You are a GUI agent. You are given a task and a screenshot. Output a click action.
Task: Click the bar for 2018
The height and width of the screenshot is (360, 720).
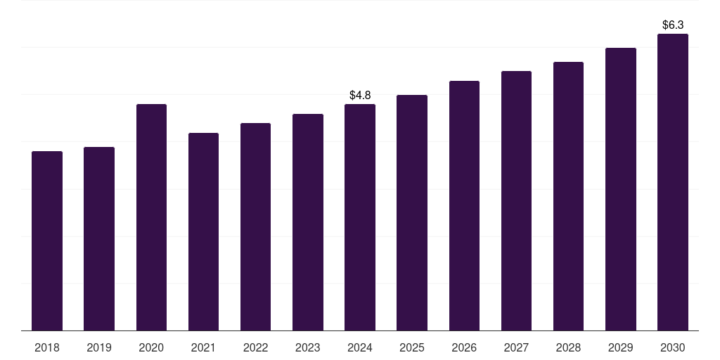[x=47, y=240]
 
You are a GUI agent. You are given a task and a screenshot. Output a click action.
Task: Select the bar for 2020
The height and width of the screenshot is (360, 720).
[x=151, y=217]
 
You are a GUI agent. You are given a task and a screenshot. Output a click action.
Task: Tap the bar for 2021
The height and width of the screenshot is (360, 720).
[x=203, y=231]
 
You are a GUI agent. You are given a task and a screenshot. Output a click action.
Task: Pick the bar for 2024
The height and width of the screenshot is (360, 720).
[x=360, y=217]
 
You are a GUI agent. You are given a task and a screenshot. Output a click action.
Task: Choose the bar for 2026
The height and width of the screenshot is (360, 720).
[x=464, y=205]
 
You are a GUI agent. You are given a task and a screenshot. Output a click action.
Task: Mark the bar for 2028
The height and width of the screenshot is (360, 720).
[x=568, y=196]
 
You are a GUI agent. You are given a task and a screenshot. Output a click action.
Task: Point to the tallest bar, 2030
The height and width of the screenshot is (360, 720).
[x=673, y=182]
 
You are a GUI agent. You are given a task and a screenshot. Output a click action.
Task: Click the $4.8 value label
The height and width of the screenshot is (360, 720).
[x=360, y=95]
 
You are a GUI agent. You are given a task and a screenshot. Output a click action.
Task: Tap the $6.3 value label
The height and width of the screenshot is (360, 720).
[x=673, y=25]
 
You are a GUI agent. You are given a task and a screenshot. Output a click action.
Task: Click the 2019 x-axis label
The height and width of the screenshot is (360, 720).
[x=99, y=347]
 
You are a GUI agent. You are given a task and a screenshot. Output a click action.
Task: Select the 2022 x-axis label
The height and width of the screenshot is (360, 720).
[x=255, y=347]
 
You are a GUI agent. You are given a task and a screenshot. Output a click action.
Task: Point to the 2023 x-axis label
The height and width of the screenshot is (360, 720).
[x=308, y=347]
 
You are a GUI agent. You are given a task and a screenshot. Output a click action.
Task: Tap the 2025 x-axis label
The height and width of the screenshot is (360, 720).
[x=412, y=347]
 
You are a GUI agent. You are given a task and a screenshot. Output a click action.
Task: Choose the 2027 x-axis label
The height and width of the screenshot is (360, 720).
[x=516, y=347]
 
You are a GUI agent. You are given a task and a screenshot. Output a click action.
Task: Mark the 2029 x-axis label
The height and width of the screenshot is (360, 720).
[x=621, y=347]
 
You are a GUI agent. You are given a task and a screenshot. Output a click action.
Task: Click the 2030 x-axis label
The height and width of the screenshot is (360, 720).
[x=673, y=347]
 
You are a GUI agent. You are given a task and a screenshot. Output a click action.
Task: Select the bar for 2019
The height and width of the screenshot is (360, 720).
[x=99, y=238]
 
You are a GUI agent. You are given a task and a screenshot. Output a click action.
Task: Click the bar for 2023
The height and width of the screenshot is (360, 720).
[x=308, y=222]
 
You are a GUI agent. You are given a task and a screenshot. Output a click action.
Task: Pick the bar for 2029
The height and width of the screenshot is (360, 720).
[x=621, y=189]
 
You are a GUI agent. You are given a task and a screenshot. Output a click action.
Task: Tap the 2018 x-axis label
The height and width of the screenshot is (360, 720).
[x=47, y=347]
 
